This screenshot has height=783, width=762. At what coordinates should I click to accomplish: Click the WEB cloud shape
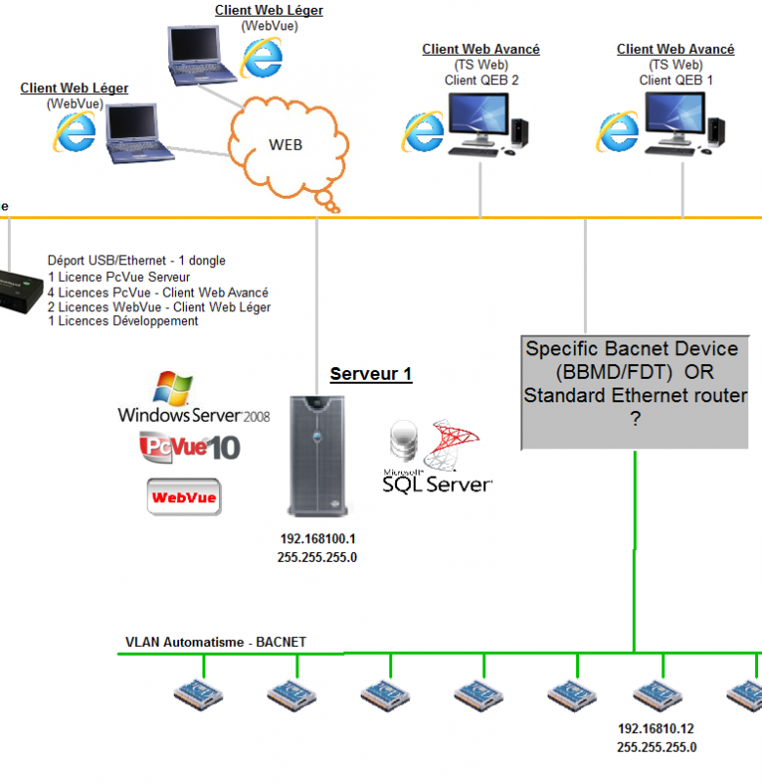pos(288,150)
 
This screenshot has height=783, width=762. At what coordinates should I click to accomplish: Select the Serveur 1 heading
pos(371,374)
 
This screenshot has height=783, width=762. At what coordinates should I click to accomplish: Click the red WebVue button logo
pos(184,497)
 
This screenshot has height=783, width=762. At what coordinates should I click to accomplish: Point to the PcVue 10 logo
pos(190,447)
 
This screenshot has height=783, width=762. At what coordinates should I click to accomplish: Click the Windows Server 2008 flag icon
pos(173,388)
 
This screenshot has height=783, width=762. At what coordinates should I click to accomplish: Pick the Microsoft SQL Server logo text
pos(437,483)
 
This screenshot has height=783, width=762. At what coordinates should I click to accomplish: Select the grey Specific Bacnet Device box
pos(635,392)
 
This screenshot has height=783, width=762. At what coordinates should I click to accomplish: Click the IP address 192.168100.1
pos(318,539)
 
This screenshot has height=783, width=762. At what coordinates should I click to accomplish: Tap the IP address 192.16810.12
pos(655,728)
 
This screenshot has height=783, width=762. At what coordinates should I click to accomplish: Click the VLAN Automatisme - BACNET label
pos(215,642)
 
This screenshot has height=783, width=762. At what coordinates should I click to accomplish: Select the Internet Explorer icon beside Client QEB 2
pos(423,131)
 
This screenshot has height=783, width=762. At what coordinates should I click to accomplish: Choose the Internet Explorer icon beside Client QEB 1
pos(618,131)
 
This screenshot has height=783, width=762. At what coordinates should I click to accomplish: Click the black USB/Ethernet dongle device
pos(20,291)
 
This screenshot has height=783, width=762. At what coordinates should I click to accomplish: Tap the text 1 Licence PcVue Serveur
pos(118,277)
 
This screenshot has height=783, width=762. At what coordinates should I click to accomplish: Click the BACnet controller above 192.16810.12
pos(657,695)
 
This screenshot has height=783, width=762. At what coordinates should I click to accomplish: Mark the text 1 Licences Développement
pos(122,321)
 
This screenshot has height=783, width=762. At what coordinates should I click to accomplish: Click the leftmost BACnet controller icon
pos(199,695)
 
